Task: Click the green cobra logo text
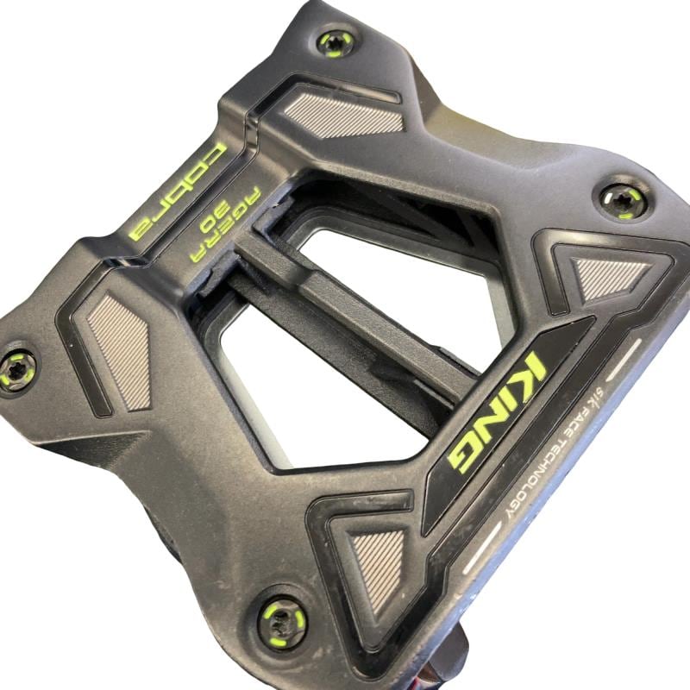[x=178, y=191]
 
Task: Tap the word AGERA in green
[x=225, y=224]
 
